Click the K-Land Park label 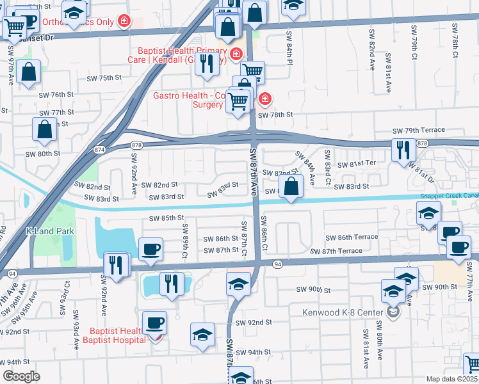(x=50, y=231)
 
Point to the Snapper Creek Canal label (x=449, y=196)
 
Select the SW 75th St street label (x=104, y=78)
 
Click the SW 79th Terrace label (x=419, y=130)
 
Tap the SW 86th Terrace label (x=352, y=237)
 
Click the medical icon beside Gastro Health (x=264, y=99)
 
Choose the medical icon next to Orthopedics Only (x=124, y=22)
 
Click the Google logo (x=21, y=376)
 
